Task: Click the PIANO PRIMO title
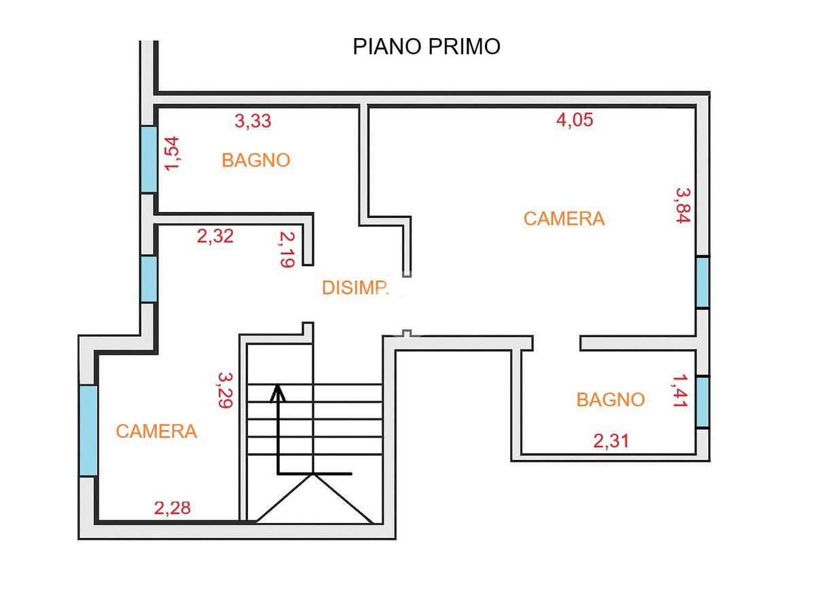(x=427, y=47)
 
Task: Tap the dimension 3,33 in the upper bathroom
(x=253, y=121)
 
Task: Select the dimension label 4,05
(x=575, y=120)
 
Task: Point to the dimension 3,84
(x=683, y=205)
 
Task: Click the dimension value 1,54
(x=172, y=154)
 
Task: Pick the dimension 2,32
(x=215, y=236)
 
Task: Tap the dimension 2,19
(x=287, y=249)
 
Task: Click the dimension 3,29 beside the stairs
(x=225, y=390)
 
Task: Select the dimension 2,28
(x=173, y=508)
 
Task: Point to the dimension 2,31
(x=611, y=441)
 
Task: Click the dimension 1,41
(x=681, y=391)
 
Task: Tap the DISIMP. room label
(x=355, y=288)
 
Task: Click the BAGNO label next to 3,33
(x=256, y=160)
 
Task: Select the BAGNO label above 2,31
(x=611, y=400)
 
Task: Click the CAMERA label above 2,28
(x=156, y=431)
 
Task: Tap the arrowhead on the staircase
(x=278, y=393)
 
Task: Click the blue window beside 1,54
(x=149, y=160)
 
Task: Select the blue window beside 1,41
(x=702, y=402)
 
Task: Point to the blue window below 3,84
(x=702, y=283)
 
